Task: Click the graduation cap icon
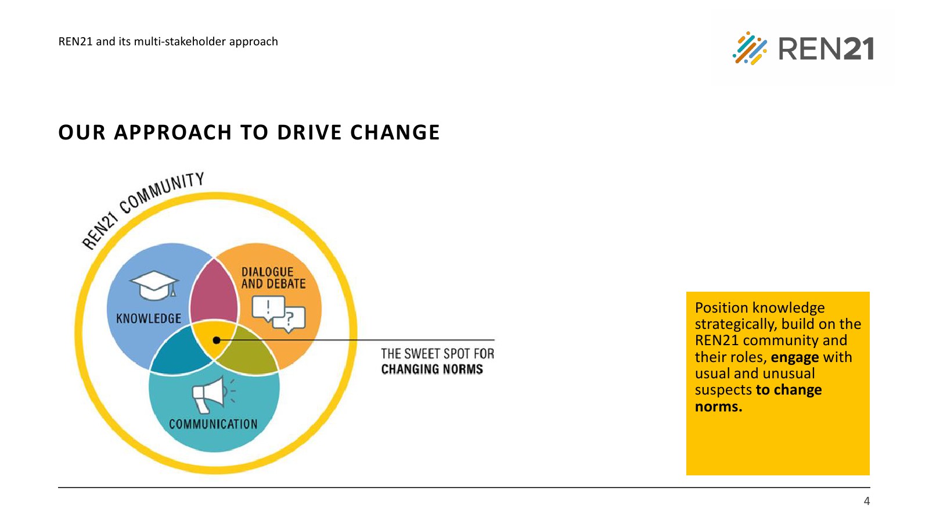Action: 154,285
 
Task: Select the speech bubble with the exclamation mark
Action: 268,309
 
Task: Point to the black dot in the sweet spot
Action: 217,341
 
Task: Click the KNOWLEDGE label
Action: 149,319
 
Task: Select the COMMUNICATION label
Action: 213,424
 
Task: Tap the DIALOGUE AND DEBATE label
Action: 273,278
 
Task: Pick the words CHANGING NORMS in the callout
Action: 432,369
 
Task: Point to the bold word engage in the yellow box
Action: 795,357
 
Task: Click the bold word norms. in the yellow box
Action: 718,406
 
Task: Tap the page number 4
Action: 866,501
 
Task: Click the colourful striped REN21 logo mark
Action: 750,48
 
